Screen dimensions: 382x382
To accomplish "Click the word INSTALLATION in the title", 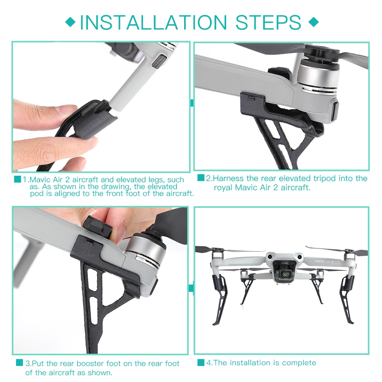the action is coord(154,23).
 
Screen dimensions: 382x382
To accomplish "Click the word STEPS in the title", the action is coord(268,23).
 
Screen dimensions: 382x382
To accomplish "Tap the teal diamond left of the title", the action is coord(70,22).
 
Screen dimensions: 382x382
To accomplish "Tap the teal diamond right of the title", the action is coord(314,22).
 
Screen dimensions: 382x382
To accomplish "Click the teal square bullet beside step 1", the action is coord(18,179).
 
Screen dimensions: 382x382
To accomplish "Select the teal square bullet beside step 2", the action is coord(201,178).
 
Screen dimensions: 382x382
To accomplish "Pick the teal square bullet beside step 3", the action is coord(19,362).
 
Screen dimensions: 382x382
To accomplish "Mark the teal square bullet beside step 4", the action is coord(201,362).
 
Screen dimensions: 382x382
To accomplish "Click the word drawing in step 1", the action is coord(117,187).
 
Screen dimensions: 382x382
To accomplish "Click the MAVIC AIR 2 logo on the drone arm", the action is coord(324,261).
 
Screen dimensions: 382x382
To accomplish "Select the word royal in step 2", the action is coord(223,188).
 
